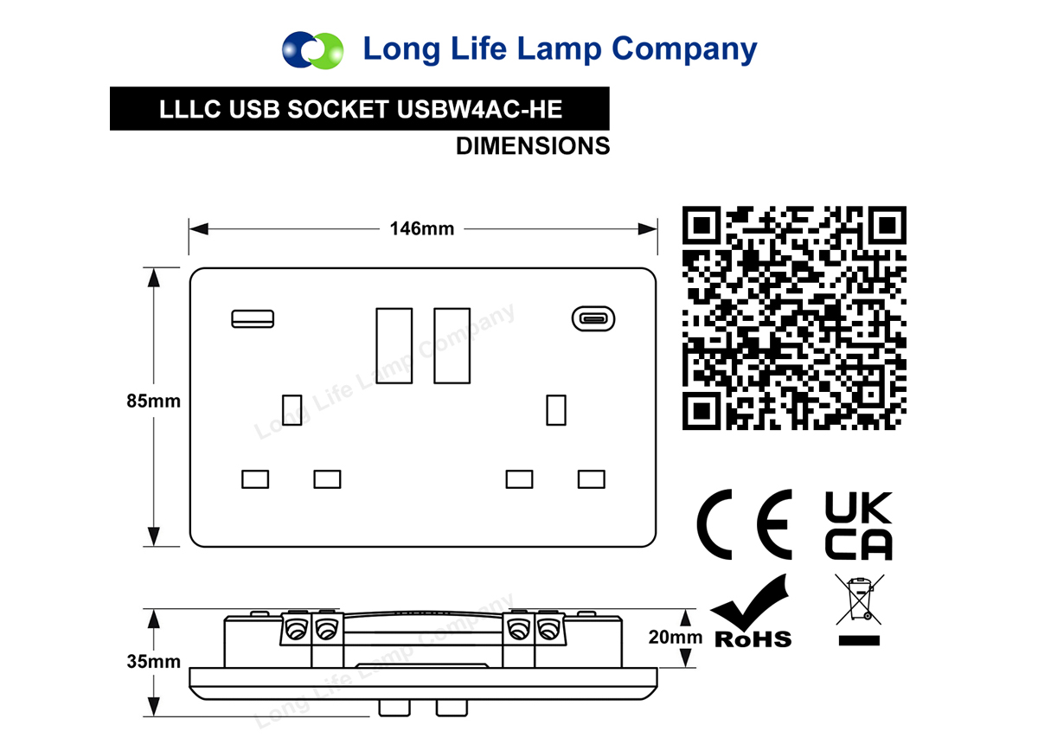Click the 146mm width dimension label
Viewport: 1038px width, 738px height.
(422, 228)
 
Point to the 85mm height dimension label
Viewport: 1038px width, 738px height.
(153, 401)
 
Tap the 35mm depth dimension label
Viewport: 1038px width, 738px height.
(153, 662)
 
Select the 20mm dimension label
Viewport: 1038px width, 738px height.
(676, 638)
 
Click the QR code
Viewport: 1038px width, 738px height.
(794, 318)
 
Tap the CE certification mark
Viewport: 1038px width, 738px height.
(745, 524)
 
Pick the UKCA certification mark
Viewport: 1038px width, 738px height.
(859, 526)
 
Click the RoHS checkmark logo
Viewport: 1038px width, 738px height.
(752, 611)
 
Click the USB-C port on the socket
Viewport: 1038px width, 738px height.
(593, 319)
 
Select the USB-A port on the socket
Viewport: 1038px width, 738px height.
(253, 319)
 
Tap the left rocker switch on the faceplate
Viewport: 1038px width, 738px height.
(394, 346)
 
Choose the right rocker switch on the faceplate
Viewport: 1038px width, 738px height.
(452, 346)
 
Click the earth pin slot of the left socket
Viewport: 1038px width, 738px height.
(292, 410)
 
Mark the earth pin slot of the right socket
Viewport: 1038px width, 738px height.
(556, 410)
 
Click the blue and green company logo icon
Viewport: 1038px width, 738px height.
(313, 50)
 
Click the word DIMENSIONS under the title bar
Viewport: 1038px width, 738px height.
(533, 146)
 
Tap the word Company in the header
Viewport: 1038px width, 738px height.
(684, 49)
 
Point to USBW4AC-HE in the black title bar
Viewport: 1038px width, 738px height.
(479, 109)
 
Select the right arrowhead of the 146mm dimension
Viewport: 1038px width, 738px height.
(648, 229)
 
